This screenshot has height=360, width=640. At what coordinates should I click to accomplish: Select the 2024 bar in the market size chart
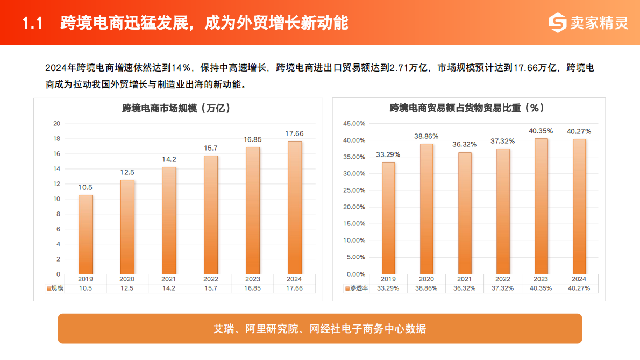(295, 207)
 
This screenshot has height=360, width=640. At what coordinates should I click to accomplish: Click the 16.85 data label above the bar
(253, 140)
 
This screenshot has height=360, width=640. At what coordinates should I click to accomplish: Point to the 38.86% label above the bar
(426, 136)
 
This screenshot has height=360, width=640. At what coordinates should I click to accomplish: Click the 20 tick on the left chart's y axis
(56, 124)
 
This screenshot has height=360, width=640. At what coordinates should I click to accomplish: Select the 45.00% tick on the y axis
(354, 124)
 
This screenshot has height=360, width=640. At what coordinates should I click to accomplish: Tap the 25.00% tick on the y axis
(354, 190)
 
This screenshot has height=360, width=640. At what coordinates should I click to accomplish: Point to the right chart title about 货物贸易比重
(467, 108)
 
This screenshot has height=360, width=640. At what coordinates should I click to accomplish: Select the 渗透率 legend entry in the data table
(356, 288)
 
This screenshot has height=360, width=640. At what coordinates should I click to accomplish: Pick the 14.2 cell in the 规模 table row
(169, 288)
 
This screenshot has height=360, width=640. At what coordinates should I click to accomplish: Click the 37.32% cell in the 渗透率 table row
(502, 288)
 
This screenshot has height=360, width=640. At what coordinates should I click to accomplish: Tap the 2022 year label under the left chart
(211, 279)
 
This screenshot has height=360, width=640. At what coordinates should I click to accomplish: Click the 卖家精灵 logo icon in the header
(558, 23)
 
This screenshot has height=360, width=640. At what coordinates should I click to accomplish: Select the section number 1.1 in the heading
(32, 23)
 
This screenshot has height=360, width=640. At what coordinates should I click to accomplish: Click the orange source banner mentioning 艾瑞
(320, 329)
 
